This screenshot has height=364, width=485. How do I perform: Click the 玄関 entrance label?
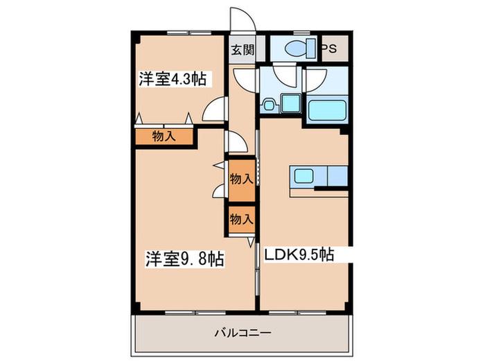(242, 49)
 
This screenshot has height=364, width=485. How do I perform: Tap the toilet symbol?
(300, 49)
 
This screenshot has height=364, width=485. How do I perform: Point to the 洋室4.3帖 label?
(173, 78)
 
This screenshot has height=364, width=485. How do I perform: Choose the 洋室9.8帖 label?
(185, 259)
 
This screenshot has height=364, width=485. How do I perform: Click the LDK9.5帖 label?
(299, 254)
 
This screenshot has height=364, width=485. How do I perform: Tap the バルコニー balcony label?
(243, 333)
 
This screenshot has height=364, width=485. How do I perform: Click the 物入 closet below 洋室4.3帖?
(164, 137)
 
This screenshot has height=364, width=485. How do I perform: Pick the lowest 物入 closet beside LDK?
(242, 220)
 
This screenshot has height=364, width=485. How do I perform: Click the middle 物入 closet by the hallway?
(242, 180)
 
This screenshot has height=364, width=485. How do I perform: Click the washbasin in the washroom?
(268, 104)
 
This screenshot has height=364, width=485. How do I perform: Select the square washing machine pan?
(291, 104)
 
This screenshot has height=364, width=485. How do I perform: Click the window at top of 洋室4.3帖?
(189, 33)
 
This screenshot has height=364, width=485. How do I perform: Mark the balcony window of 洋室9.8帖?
(195, 313)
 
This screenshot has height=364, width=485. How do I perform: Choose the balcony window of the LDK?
(297, 313)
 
